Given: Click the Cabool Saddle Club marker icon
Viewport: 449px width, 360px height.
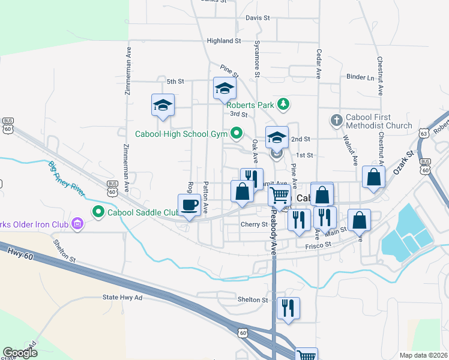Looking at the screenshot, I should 97,211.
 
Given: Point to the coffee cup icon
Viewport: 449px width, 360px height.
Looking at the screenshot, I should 189,205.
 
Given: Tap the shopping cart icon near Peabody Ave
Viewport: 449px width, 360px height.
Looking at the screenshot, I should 279,195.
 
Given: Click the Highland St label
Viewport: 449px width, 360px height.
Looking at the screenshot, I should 223,41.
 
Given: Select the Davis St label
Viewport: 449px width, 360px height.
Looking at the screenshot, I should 258,18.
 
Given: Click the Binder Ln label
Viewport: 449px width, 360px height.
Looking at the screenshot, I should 360,77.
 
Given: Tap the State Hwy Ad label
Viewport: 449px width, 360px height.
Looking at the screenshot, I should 122,297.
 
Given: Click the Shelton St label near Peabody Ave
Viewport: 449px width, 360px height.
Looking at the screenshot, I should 252,299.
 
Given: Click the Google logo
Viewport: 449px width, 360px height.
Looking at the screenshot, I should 20,353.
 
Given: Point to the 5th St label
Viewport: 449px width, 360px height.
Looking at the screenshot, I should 175,81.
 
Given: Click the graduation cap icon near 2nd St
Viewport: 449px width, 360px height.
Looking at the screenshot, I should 277,137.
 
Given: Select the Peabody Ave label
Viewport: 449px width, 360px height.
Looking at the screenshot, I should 273,233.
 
